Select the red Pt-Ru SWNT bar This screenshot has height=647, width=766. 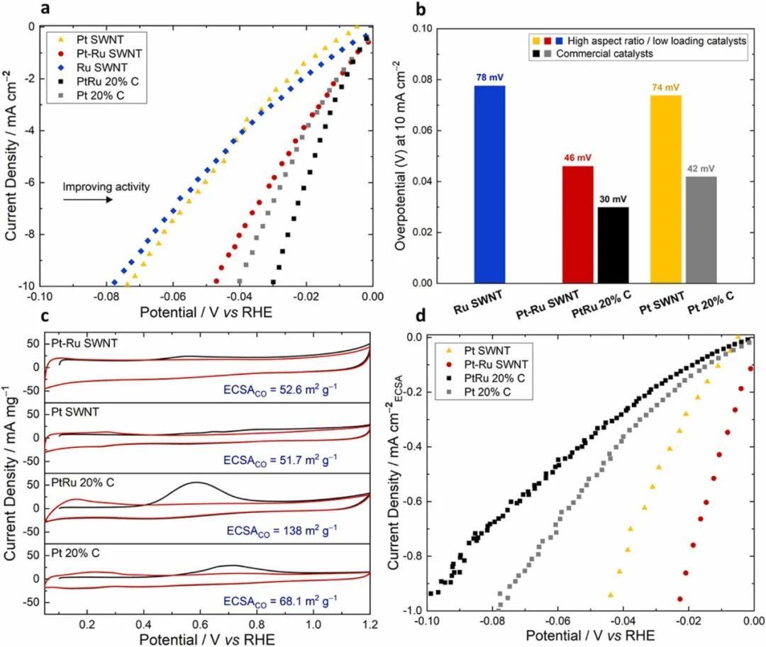coord(578,225)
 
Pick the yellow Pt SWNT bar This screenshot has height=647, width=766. coord(665,189)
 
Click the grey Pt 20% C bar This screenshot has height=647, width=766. coord(702,230)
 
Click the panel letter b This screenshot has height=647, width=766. coord(421,9)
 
